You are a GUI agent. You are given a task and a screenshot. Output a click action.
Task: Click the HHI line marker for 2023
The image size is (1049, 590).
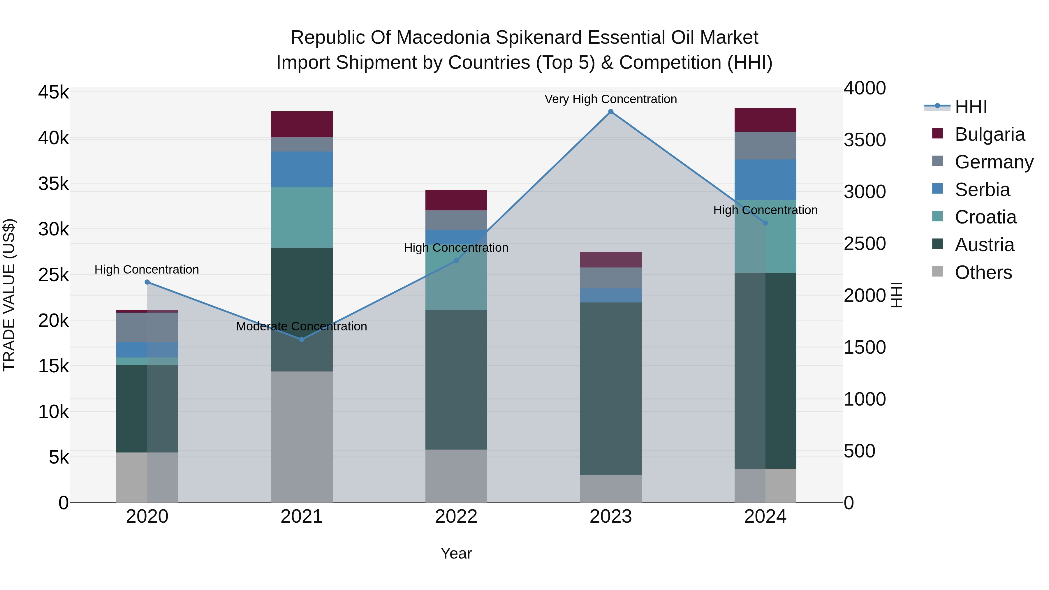[x=610, y=112]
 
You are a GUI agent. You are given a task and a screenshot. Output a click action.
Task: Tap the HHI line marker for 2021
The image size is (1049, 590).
[x=302, y=339]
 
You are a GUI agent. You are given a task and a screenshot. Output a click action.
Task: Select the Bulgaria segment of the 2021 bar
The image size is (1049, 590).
[x=302, y=124]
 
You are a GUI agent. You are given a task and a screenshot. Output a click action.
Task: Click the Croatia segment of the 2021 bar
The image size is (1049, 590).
[x=302, y=217]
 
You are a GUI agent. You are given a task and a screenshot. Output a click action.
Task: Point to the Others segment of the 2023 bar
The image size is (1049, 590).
[x=610, y=488]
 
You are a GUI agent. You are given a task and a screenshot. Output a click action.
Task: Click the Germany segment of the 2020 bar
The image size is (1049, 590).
[x=147, y=327]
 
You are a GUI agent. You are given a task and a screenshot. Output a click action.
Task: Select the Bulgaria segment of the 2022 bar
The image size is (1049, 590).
[x=456, y=200]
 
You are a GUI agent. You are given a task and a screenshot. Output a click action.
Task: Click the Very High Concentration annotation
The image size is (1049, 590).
[x=610, y=99]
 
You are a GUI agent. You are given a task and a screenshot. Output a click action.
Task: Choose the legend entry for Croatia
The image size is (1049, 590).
[x=985, y=217]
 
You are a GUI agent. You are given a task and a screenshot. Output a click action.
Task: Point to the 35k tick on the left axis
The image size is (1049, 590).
[x=54, y=184]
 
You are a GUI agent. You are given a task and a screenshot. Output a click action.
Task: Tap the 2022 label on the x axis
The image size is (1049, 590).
[x=456, y=517]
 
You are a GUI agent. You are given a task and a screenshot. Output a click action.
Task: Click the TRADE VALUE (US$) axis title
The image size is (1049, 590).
[x=9, y=295]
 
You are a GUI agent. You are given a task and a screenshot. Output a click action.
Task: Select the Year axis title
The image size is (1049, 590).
[x=456, y=553]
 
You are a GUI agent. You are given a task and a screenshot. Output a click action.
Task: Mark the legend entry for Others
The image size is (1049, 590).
[x=983, y=272]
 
